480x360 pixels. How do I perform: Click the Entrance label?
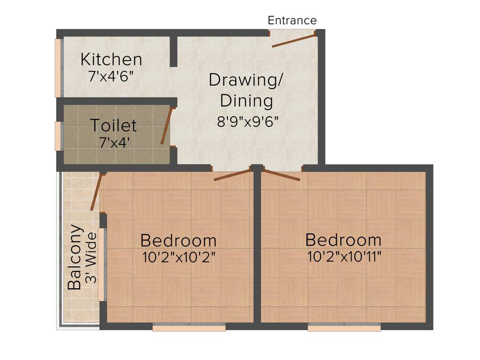(292, 21)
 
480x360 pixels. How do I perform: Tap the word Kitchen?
(111, 60)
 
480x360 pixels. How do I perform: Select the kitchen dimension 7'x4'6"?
(111, 76)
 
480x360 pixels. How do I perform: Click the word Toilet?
(113, 126)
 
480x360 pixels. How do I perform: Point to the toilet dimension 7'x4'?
(114, 142)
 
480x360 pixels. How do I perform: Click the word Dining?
(247, 101)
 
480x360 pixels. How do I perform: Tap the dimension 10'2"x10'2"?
(179, 257)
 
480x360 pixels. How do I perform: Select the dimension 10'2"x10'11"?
(344, 257)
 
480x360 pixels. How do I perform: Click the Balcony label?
(75, 257)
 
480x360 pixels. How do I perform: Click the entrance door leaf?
(293, 40)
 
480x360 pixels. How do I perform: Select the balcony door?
(96, 192)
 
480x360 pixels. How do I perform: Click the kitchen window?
(58, 67)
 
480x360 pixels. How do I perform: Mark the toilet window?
(58, 136)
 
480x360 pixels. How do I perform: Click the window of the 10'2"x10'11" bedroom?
(344, 329)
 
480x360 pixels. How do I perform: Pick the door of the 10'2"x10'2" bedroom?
(232, 175)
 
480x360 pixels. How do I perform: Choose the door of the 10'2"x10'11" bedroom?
(281, 174)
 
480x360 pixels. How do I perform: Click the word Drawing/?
(246, 80)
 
